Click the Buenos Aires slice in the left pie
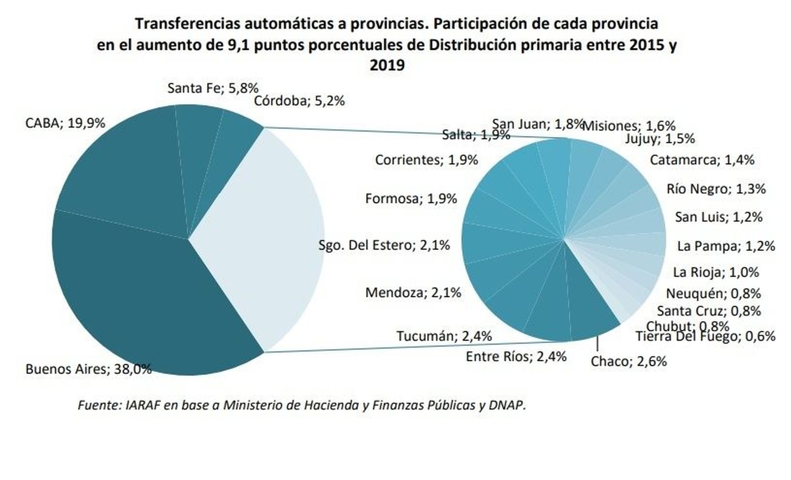pyautogui.click(x=140, y=296)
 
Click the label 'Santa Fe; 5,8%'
pyautogui.click(x=213, y=88)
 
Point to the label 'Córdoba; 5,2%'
pyautogui.click(x=299, y=101)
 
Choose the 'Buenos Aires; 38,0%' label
pyautogui.click(x=88, y=369)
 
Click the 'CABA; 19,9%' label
pyautogui.click(x=65, y=123)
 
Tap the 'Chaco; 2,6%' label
pyautogui.click(x=628, y=362)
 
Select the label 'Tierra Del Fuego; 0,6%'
pyautogui.click(x=705, y=337)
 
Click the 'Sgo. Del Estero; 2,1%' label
pyautogui.click(x=384, y=245)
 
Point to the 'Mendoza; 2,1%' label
pyautogui.click(x=413, y=292)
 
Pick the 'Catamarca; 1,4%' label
pyautogui.click(x=702, y=160)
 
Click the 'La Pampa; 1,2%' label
pyautogui.click(x=726, y=246)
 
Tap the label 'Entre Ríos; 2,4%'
pyautogui.click(x=516, y=356)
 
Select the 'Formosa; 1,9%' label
pyautogui.click(x=411, y=199)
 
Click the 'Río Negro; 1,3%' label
pyautogui.click(x=716, y=189)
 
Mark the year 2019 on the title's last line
pyautogui.click(x=387, y=65)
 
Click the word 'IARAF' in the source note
pyautogui.click(x=143, y=405)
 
